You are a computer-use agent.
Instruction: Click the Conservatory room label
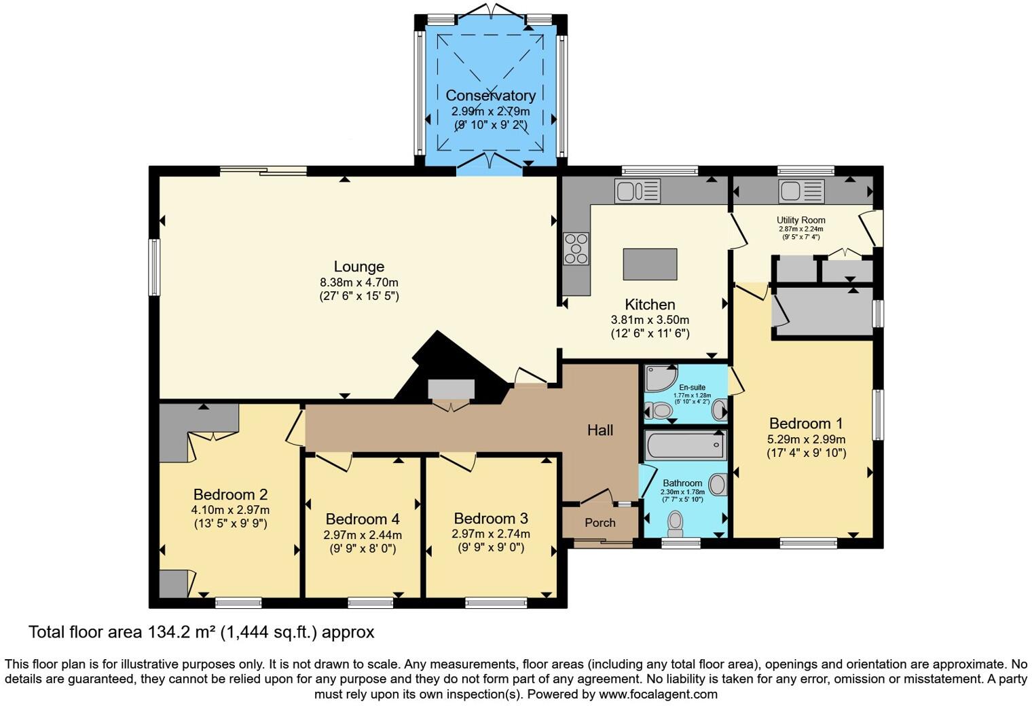point(490,96)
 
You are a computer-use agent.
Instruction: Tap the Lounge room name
point(358,267)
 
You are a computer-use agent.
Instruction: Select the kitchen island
point(650,264)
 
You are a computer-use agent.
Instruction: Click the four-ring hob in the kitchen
point(576,248)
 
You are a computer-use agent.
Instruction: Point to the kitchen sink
point(637,191)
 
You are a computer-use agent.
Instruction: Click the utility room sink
point(801,191)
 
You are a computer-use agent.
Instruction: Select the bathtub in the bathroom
point(686,446)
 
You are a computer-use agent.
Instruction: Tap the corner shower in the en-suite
point(659,378)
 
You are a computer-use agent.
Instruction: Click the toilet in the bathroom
point(676,523)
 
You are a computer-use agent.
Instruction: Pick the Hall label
point(600,430)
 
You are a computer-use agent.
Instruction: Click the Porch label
point(600,523)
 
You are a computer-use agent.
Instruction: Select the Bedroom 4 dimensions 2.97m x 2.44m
point(362,534)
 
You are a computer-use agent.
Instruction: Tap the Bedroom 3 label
point(491,519)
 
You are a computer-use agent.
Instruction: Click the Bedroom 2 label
point(230,494)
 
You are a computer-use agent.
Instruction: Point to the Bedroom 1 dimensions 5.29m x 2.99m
point(806,439)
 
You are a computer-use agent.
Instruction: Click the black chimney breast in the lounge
point(445,363)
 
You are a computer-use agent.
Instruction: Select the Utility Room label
point(801,220)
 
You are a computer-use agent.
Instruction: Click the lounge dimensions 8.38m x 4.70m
point(358,282)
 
